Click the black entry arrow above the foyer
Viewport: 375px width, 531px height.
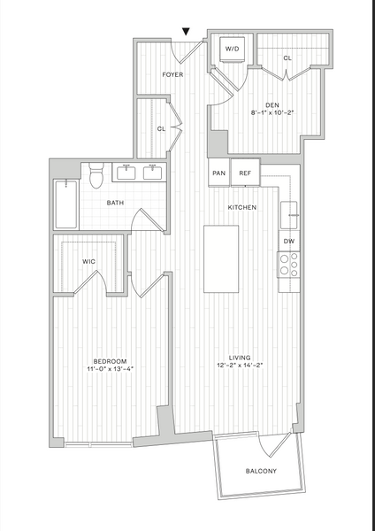click(x=186, y=31)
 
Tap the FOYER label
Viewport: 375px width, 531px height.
click(x=172, y=74)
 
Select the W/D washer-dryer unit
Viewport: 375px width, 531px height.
click(x=233, y=50)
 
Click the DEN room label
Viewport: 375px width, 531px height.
click(x=272, y=105)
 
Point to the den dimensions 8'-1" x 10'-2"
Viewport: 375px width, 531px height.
click(x=272, y=113)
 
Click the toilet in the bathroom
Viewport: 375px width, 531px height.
click(x=96, y=175)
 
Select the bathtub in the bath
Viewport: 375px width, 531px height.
click(x=66, y=204)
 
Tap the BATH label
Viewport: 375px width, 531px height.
click(x=115, y=203)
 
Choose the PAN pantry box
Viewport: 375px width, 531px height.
click(x=219, y=173)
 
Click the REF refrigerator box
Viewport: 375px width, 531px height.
click(x=245, y=173)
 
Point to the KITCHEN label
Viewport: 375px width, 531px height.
click(x=242, y=207)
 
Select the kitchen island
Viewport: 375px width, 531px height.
click(x=221, y=259)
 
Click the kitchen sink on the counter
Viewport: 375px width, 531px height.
click(x=289, y=215)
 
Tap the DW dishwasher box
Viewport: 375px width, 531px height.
click(x=289, y=241)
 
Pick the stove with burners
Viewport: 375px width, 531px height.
click(x=288, y=265)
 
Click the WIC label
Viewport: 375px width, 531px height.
click(x=88, y=261)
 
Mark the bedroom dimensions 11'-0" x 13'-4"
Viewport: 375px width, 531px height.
click(x=111, y=369)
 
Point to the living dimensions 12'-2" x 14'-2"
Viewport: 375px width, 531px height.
click(x=240, y=365)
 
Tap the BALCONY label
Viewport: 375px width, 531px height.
click(x=261, y=471)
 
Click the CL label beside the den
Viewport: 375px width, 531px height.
click(x=287, y=58)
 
